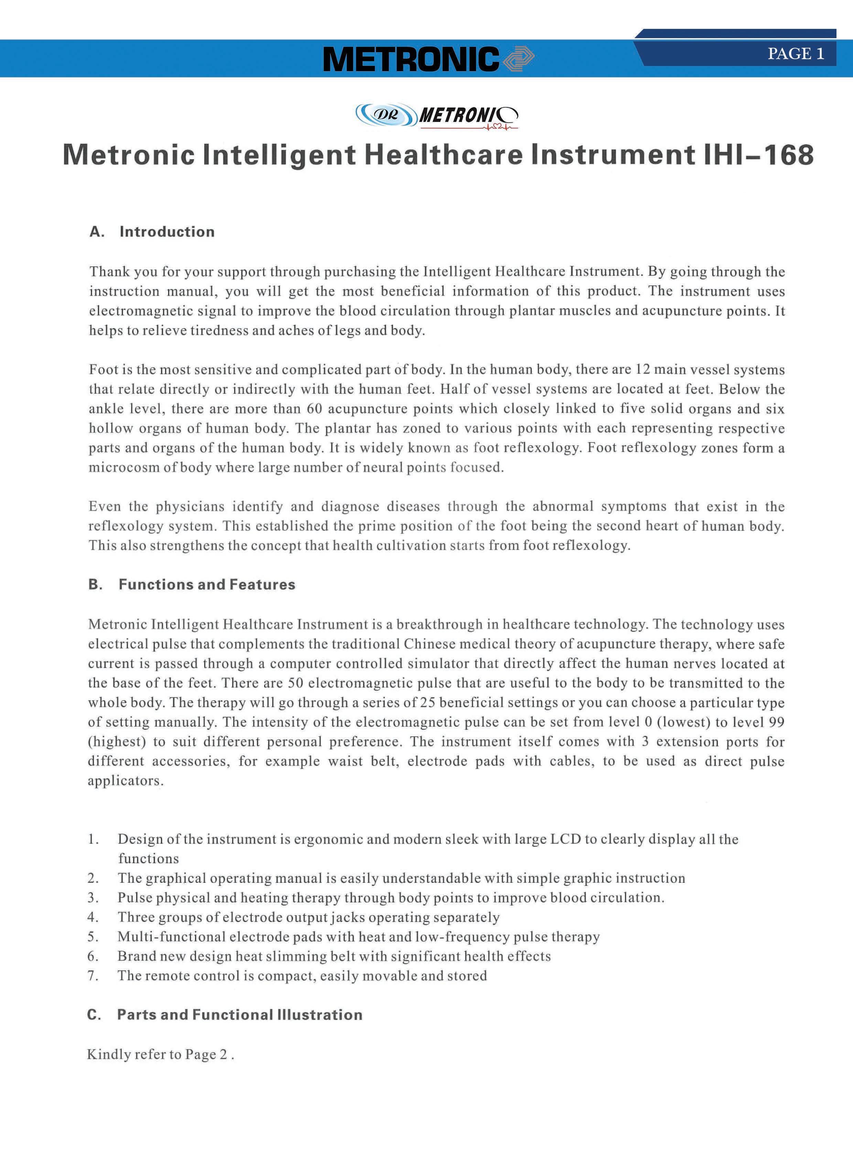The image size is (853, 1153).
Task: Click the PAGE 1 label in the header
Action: pyautogui.click(x=795, y=54)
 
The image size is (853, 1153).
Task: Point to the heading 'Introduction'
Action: pyautogui.click(x=167, y=232)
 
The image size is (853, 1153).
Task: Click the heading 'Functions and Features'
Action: pyautogui.click(x=206, y=584)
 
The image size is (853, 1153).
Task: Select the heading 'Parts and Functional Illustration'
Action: pyautogui.click(x=240, y=1015)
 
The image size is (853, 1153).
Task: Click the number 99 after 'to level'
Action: pyautogui.click(x=776, y=722)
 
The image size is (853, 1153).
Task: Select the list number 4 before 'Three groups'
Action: pyautogui.click(x=93, y=917)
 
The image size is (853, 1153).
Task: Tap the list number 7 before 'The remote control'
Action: pyautogui.click(x=93, y=976)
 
